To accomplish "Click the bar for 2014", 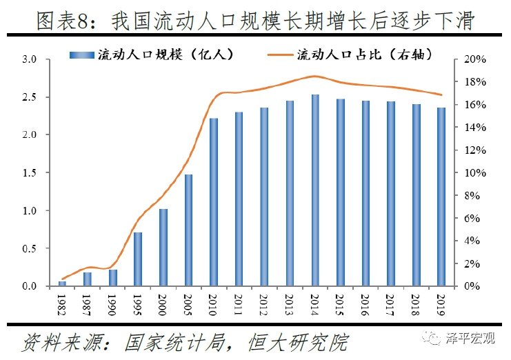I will coord(314,190).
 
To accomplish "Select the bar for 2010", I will coord(214,202).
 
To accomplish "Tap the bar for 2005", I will coord(188,230).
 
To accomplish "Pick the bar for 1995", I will coord(138,259).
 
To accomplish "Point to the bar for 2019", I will coord(441,197).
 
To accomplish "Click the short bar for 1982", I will coord(62,283).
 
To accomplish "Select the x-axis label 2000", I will coord(163,303).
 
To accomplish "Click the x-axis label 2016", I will coord(365,303).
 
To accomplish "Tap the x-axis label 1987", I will coord(88,303).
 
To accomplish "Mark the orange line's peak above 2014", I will coord(314,76).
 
